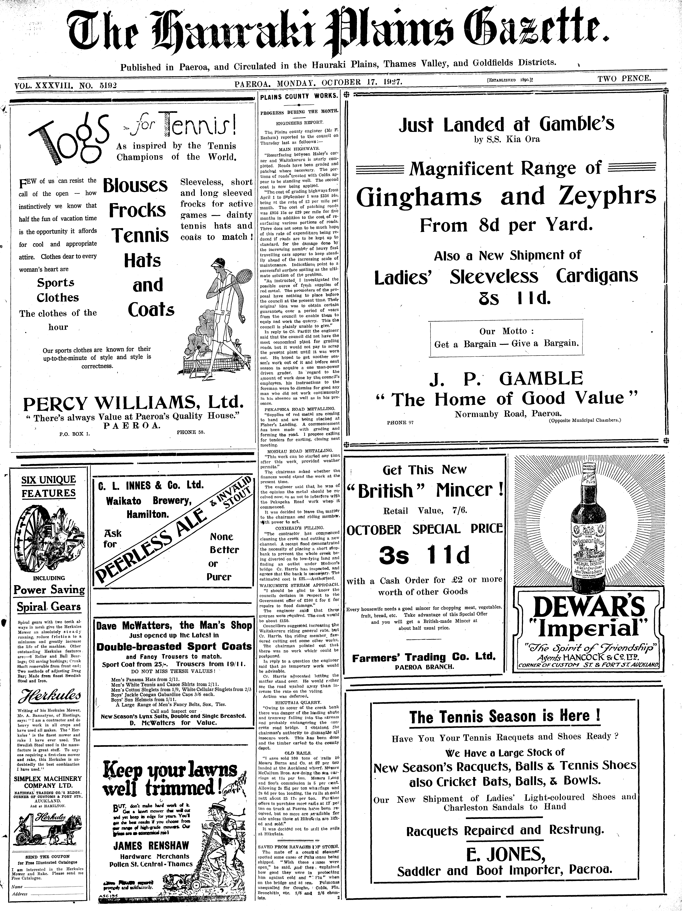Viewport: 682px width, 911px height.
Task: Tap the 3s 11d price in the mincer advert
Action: (424, 556)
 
